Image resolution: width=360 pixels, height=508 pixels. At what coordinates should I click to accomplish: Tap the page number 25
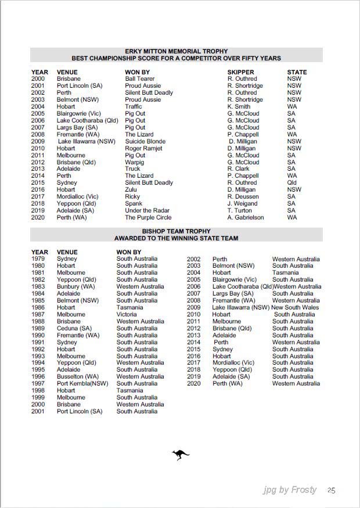pos(332,490)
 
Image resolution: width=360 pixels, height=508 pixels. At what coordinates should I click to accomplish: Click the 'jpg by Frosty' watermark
pos(290,490)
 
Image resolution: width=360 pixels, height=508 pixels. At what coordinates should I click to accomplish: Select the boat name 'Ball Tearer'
pos(140,79)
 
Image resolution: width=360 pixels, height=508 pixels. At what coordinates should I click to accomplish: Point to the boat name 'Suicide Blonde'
pos(145,142)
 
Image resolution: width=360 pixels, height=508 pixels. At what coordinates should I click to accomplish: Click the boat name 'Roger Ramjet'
pos(144,149)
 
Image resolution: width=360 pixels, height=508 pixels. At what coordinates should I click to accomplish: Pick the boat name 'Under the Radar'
pos(147,211)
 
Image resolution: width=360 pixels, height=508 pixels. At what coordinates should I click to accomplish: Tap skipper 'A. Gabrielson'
pos(246,218)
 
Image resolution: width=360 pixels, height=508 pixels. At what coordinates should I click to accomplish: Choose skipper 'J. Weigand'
pos(242,204)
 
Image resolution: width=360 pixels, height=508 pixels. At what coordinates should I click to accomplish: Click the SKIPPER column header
pos(241,73)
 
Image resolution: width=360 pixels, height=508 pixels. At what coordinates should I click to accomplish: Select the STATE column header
pos(297,73)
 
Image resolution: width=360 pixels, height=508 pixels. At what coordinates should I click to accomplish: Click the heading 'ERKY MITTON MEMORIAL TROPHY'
pos(177,52)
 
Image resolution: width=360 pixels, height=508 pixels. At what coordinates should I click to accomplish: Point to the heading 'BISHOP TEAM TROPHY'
pos(176,231)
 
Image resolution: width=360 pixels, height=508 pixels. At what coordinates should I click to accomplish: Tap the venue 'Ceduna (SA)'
pos(74,329)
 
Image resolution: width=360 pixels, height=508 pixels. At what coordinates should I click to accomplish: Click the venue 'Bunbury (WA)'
pos(76,287)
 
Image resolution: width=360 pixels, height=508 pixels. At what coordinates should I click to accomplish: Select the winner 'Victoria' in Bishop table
pos(127,315)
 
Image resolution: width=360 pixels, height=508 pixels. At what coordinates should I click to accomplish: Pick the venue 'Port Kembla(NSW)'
pos(82,384)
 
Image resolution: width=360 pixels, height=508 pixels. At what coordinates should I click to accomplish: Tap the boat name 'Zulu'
pos(131,190)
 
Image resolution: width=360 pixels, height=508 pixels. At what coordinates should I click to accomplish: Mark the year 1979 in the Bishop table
pos(38,259)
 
